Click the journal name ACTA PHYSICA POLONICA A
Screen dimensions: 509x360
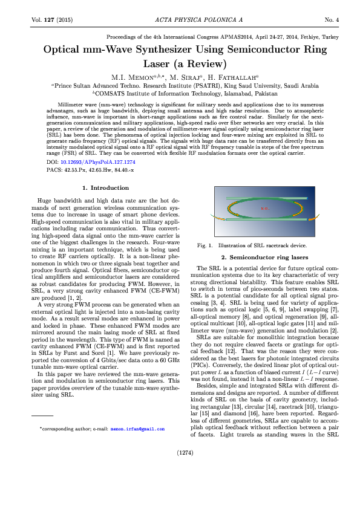(180, 20)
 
